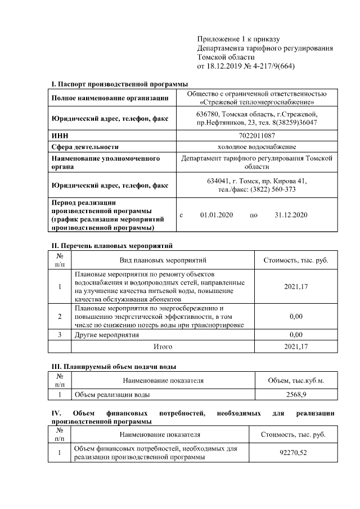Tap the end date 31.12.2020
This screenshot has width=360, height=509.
click(x=291, y=215)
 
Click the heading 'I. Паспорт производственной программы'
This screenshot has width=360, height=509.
click(x=120, y=84)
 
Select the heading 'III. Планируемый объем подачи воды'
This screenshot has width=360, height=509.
click(x=114, y=367)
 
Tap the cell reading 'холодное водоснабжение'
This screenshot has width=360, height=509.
click(x=256, y=146)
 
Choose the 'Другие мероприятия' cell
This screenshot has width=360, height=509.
click(x=106, y=335)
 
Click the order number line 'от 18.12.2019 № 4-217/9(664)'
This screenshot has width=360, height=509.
click(x=246, y=66)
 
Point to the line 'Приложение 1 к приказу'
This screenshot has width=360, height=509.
click(x=238, y=39)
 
